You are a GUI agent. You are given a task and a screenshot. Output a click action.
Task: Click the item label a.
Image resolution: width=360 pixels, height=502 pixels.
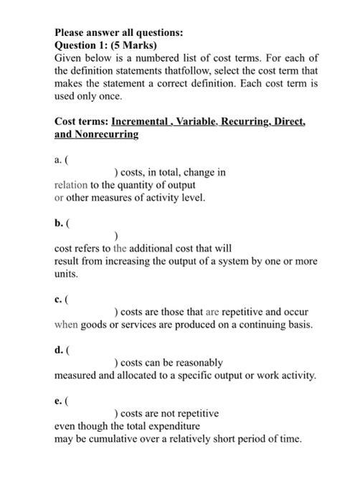pos(58,160)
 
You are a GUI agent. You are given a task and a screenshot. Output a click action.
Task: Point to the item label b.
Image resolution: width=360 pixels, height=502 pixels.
pos(59,224)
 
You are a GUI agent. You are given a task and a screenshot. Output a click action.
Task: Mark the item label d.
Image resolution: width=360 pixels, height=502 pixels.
pos(59,351)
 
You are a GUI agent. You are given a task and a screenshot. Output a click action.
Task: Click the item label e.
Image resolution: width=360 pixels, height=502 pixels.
pos(58,402)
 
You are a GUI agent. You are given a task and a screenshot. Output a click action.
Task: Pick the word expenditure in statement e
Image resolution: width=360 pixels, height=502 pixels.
pos(169,427)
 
